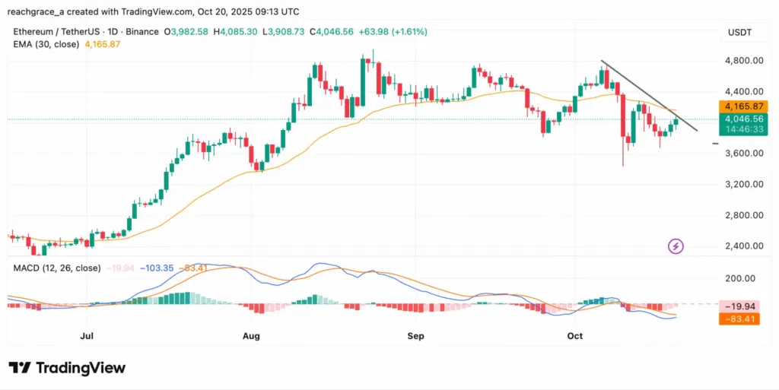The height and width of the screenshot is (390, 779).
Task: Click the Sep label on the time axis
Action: pos(415,335)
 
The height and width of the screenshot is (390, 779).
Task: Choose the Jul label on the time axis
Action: pos(86,335)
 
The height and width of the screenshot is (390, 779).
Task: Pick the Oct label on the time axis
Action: pos(574,335)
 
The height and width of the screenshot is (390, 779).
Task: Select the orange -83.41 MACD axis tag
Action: pos(739,319)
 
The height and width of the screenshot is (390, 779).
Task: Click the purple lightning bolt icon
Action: pos(676,246)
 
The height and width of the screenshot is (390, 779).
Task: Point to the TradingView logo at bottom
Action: pos(67,368)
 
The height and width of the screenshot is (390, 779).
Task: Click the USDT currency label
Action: pos(740,32)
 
